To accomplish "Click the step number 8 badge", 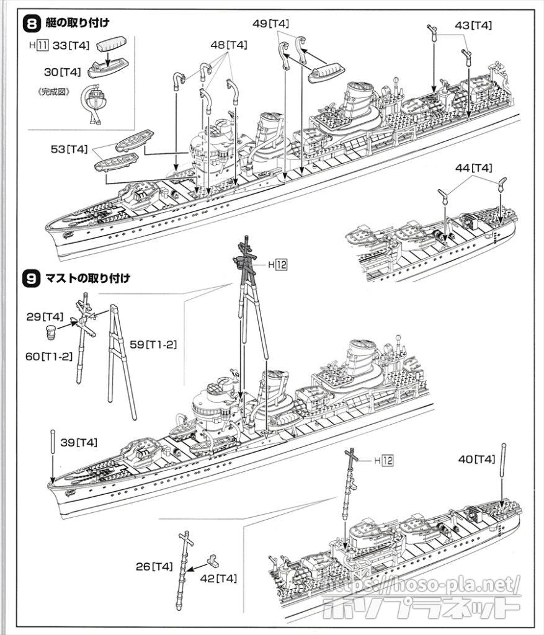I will (31, 25).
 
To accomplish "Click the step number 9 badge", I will (31, 278).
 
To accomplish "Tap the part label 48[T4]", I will (229, 45).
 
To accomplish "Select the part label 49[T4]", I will (271, 23).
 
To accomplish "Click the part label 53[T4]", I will (69, 149).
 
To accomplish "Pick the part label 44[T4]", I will (473, 167).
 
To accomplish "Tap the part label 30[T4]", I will (63, 72).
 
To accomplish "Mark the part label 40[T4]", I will (476, 459).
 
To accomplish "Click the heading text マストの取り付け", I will (87, 278).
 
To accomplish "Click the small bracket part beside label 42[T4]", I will (215, 561).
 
